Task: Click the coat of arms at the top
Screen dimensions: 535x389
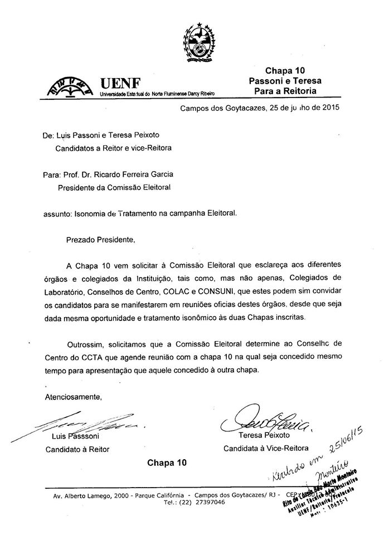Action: (x=198, y=40)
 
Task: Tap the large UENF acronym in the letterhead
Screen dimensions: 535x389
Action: (x=119, y=84)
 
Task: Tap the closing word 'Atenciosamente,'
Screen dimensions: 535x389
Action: (x=73, y=397)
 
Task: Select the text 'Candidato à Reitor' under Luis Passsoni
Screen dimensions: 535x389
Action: (x=78, y=448)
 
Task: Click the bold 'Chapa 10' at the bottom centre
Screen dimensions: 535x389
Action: (x=167, y=463)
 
